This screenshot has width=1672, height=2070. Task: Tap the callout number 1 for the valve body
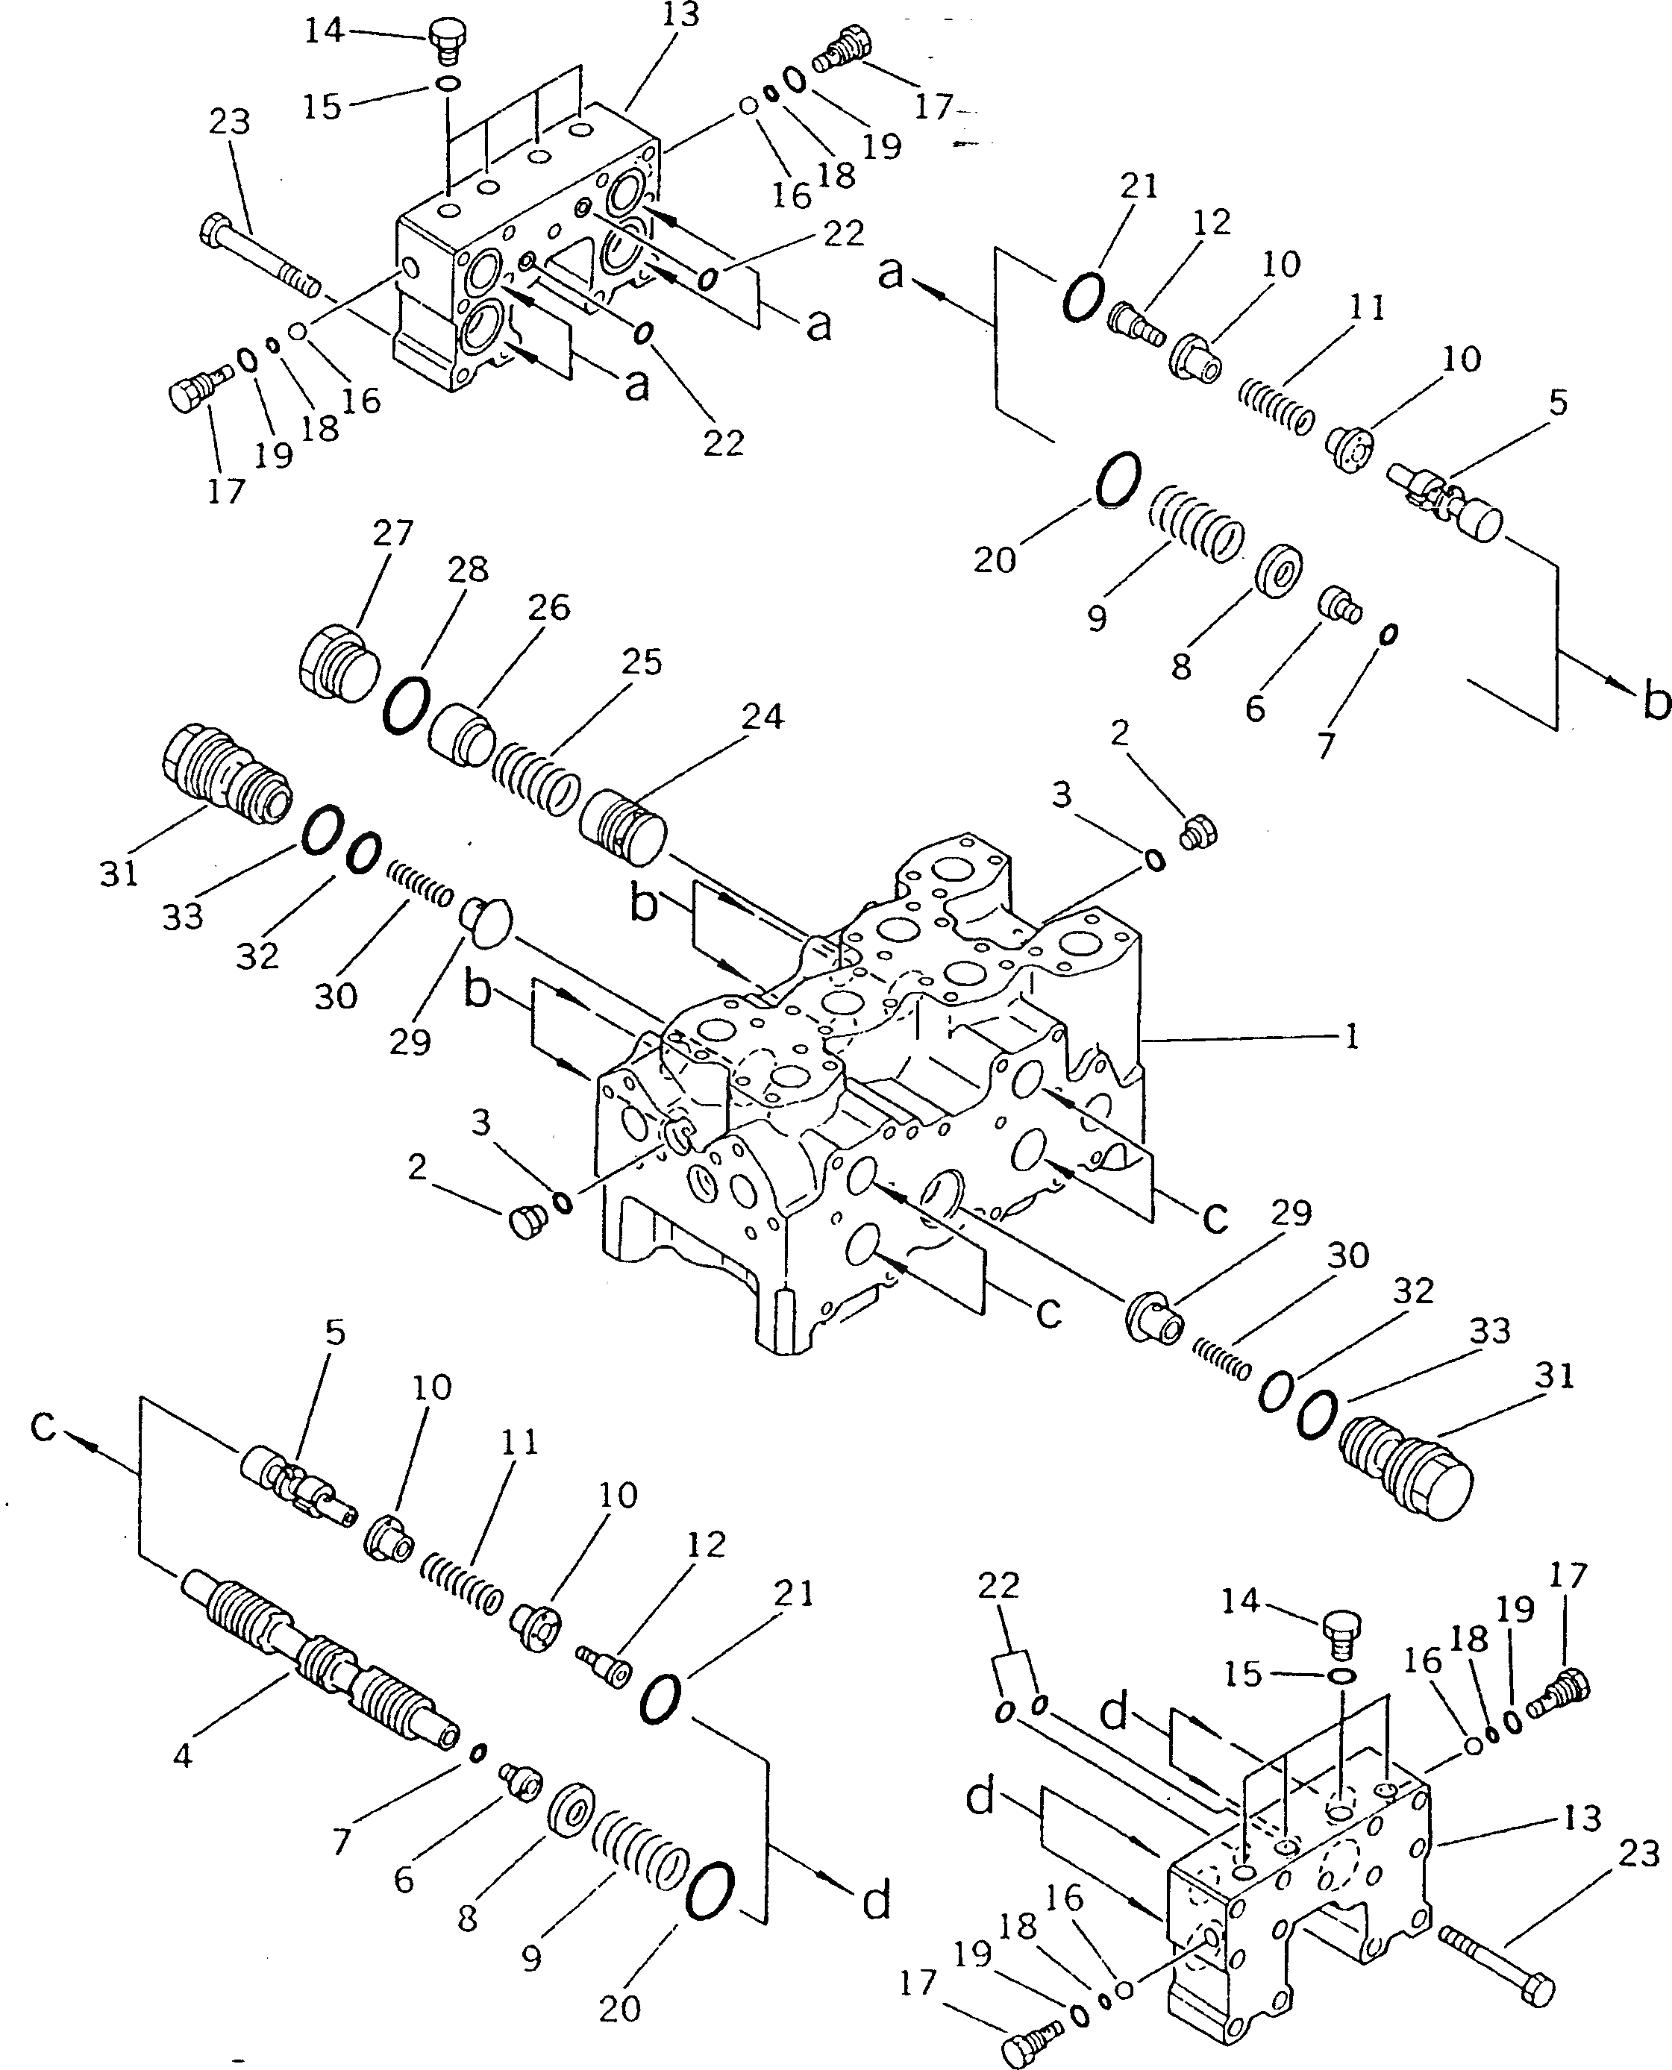click(x=1351, y=1037)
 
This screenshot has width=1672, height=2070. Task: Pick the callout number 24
click(x=763, y=716)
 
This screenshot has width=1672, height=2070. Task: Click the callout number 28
click(x=468, y=569)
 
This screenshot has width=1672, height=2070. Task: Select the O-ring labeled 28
click(x=405, y=706)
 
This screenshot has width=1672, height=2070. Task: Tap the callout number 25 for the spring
click(x=642, y=662)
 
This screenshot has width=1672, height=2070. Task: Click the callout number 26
click(x=549, y=606)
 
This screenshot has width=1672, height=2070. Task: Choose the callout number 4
click(x=182, y=1754)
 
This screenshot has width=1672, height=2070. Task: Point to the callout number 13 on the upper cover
click(x=680, y=14)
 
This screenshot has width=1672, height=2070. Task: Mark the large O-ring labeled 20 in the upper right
click(x=1117, y=480)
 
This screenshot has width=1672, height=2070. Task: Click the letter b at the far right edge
click(x=1656, y=703)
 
